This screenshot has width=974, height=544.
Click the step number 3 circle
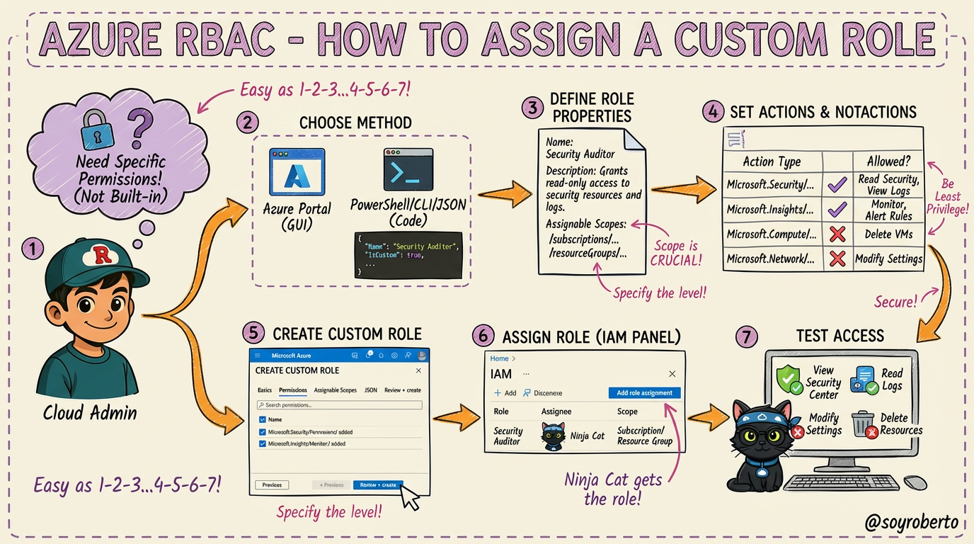point(532,108)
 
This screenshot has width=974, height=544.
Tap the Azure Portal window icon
point(297,171)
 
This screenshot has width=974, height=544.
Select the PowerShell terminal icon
point(408,170)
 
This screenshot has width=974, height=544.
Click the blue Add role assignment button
point(644,393)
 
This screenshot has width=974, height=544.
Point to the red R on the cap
point(103,255)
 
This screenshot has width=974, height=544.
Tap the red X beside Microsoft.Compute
point(837,234)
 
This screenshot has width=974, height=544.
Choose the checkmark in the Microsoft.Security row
point(837,185)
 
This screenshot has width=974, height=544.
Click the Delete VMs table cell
point(888,234)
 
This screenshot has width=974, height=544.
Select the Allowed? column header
point(888,161)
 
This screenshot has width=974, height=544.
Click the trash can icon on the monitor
point(863,424)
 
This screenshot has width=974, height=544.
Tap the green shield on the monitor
point(789,380)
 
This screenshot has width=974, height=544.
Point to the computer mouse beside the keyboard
point(915,482)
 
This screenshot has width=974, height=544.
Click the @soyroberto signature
point(912,523)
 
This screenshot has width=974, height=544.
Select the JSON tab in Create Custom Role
point(370,390)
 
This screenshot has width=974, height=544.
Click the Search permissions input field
point(339,405)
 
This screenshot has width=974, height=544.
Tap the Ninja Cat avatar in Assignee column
point(554,436)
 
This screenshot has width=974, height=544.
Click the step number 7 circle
point(745,337)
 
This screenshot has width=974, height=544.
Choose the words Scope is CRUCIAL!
point(676,253)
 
